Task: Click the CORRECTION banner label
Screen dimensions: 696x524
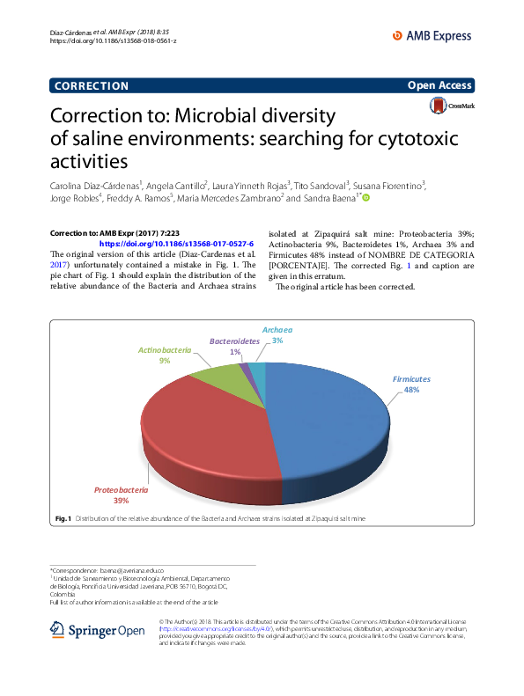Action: tap(92, 85)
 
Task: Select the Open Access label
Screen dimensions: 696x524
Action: tap(439, 85)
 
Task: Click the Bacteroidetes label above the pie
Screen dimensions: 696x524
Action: tap(234, 341)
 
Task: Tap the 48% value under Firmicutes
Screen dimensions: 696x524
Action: tap(411, 390)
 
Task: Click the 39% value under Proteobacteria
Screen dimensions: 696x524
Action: tap(120, 501)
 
